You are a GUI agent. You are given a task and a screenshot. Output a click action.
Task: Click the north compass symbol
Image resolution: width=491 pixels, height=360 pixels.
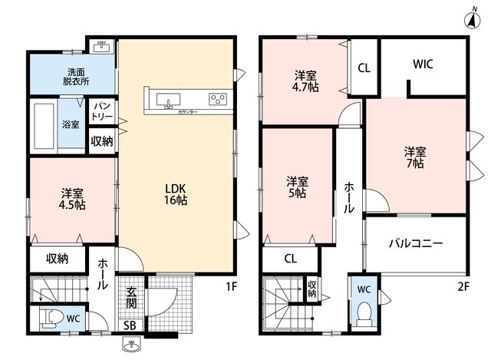[473, 18]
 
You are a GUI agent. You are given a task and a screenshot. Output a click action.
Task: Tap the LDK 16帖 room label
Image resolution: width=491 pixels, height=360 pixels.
[176, 194]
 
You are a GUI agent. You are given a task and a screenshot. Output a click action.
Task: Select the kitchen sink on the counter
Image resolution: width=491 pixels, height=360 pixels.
[169, 100]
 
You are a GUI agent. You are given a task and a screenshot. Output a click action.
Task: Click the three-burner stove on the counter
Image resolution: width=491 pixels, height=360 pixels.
[218, 99]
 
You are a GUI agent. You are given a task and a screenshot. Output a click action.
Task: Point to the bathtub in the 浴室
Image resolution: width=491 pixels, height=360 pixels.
[44, 125]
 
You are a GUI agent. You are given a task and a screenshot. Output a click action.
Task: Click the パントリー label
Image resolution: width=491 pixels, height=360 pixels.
[102, 111]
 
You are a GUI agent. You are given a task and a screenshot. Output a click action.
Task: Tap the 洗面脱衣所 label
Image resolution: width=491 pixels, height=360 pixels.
[76, 77]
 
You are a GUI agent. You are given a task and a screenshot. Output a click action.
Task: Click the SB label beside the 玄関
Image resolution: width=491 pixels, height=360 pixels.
[130, 325]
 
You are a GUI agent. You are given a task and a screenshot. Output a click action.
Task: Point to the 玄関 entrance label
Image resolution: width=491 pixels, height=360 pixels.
[131, 297]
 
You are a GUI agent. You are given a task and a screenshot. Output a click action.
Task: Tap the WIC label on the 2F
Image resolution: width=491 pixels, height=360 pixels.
[423, 64]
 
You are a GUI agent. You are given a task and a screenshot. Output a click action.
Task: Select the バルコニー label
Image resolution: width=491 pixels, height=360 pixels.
[416, 243]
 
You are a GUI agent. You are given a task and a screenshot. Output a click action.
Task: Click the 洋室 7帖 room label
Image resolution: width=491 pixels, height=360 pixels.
[415, 157]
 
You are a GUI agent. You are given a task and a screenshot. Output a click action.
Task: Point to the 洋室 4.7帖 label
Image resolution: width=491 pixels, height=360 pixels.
[305, 81]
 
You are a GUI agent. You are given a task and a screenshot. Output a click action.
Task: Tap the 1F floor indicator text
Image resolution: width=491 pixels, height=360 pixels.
[232, 286]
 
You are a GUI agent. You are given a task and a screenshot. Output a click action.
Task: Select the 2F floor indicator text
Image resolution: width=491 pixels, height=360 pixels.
[463, 286]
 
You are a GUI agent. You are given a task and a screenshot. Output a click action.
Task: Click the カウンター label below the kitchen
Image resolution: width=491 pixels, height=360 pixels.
[187, 112]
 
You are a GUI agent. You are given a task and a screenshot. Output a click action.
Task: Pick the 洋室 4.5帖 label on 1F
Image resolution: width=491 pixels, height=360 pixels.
[72, 199]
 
